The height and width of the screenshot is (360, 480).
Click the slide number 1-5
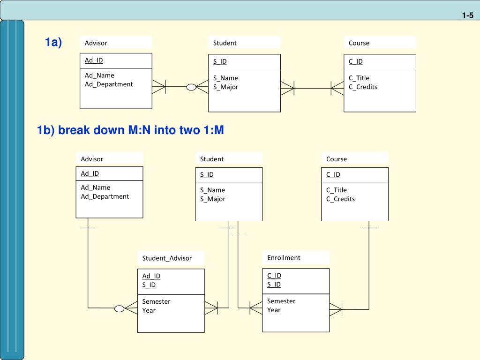point(467,15)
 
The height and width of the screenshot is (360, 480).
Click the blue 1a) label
point(53,42)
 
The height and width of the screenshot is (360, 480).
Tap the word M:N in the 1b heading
point(139,130)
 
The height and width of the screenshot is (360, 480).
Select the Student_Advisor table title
point(167,258)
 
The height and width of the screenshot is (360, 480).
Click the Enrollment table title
point(284,258)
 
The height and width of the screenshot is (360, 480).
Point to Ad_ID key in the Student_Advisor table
point(151,276)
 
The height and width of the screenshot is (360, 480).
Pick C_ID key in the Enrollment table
point(274,276)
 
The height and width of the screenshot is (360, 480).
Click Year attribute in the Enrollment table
point(274,310)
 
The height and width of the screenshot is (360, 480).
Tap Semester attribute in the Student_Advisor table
point(156,301)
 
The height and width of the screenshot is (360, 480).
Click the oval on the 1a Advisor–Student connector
point(191,87)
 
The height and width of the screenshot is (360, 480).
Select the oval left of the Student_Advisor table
point(120,308)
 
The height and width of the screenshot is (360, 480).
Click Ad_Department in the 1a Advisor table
point(109,84)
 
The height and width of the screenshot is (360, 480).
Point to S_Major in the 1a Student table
point(225,87)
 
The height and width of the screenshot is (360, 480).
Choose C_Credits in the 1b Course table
point(340,199)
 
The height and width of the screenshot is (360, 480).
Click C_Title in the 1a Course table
point(359,78)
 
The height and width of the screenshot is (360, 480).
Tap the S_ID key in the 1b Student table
point(207,174)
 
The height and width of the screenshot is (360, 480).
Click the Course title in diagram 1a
point(359,43)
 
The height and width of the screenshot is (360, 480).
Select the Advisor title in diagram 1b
point(92,159)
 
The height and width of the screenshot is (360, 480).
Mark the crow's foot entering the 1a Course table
point(337,89)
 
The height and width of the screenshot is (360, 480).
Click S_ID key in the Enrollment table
point(274,285)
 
